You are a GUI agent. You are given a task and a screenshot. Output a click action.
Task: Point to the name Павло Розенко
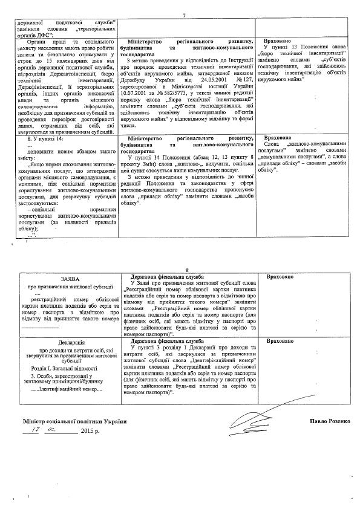327,420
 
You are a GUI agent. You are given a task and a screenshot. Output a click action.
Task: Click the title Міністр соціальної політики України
75,421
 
